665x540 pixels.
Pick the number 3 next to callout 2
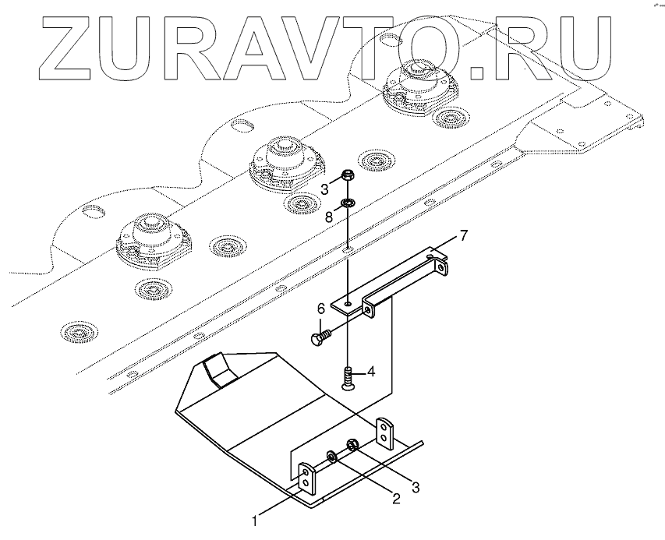[x=416, y=488]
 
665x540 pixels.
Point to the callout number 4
[x=372, y=372]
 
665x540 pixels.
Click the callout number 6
[x=320, y=310]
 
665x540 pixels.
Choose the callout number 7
[x=463, y=235]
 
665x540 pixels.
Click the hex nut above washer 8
[x=347, y=178]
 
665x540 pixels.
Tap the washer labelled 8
[x=348, y=203]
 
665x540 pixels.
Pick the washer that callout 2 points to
[x=333, y=455]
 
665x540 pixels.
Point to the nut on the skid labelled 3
[x=352, y=446]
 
